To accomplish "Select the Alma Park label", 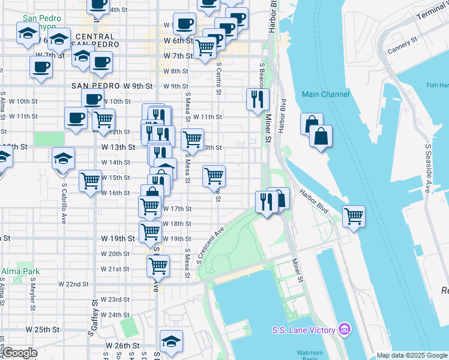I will [x=20, y=271].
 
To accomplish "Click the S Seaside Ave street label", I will [x=429, y=169].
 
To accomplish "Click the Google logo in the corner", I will [x=20, y=353].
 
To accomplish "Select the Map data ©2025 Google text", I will [x=412, y=355].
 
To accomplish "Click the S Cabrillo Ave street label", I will [x=63, y=204].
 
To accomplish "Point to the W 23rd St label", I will [x=115, y=299].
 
